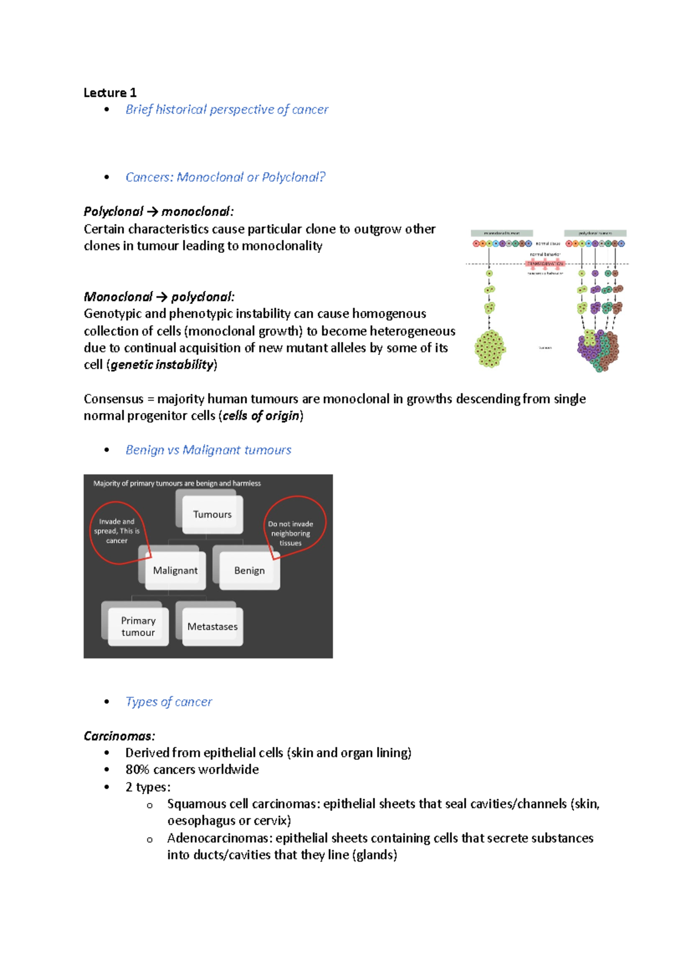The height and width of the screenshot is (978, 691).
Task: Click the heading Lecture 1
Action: [x=109, y=93]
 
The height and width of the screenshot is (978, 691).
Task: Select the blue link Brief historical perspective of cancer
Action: [x=226, y=109]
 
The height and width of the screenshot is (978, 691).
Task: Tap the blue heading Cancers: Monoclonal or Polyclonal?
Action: [x=225, y=177]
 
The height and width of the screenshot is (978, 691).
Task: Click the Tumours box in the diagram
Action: [x=212, y=514]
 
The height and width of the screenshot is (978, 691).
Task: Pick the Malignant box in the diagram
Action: [x=175, y=570]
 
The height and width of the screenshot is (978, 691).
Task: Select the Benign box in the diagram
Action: [x=249, y=570]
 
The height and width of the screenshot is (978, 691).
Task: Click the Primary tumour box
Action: [x=138, y=626]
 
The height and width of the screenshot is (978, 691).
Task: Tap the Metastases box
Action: [x=212, y=626]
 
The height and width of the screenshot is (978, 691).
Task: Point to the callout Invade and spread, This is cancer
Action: [x=117, y=530]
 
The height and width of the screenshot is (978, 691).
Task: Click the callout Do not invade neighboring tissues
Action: [x=291, y=533]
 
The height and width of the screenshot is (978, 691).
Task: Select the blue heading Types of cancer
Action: [x=169, y=702]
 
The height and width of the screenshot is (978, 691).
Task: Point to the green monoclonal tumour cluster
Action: [x=490, y=348]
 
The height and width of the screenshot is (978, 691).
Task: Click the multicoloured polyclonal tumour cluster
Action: [x=598, y=350]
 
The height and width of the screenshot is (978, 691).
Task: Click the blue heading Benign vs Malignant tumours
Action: [x=208, y=450]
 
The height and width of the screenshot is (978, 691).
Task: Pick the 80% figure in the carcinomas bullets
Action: [x=137, y=769]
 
